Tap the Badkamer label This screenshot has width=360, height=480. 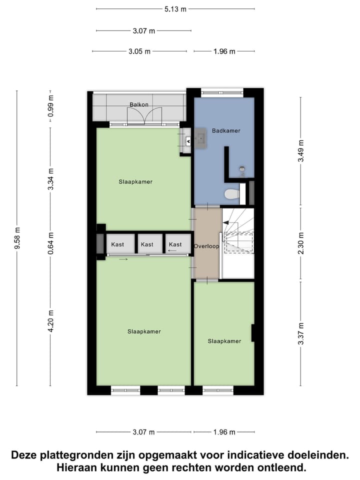226,130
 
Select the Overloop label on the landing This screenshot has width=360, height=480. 206,246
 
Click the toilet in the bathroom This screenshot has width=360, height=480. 232,193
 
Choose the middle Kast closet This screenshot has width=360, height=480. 147,244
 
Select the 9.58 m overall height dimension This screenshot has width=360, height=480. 17,238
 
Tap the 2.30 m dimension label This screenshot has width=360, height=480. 300,243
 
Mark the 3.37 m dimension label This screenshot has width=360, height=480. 300,333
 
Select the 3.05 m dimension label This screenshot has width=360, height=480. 140,51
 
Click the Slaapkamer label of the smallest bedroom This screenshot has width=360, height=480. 224,341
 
